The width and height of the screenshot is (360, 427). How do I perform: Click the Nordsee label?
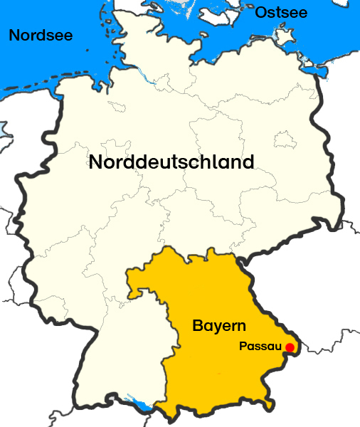click(40, 34)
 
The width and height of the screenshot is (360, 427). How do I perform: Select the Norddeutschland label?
click(171, 162)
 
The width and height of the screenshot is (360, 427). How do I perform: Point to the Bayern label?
click(219, 326)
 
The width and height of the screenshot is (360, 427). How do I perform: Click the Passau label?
click(260, 347)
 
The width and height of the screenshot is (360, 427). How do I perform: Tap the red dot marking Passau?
click(290, 347)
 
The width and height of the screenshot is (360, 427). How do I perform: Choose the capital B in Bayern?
click(198, 326)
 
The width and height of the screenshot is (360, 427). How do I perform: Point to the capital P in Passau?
click(243, 347)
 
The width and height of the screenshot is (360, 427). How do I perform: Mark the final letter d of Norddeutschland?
click(248, 162)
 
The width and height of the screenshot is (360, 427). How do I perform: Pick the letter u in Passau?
click(277, 348)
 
